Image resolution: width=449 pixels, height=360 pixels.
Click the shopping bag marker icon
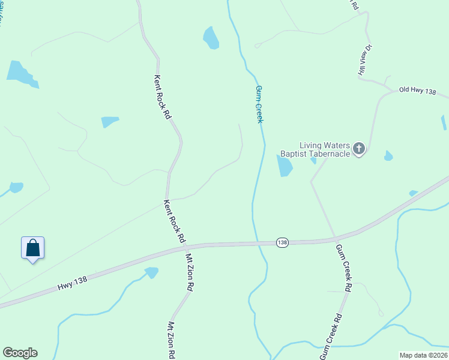pyautogui.click(x=33, y=248)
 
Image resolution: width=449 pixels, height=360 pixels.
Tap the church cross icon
pyautogui.click(x=359, y=148)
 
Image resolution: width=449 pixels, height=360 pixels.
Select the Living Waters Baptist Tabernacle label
pyautogui.click(x=325, y=149)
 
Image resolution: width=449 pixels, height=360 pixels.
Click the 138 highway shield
pyautogui.click(x=283, y=242)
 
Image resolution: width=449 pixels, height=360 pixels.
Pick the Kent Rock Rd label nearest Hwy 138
pyautogui.click(x=174, y=221)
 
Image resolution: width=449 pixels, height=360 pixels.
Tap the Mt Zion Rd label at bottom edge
pyautogui.click(x=171, y=340)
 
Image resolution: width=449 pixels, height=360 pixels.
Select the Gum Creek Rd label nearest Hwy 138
pyautogui.click(x=343, y=268)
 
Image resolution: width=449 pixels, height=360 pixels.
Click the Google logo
pyautogui.click(x=20, y=353)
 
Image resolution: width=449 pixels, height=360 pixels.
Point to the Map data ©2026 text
pyautogui.click(x=423, y=355)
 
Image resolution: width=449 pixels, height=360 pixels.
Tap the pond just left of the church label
pyautogui.click(x=284, y=166)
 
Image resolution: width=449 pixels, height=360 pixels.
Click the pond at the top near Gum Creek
pyautogui.click(x=211, y=38)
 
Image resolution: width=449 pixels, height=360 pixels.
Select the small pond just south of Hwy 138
pyautogui.click(x=152, y=272)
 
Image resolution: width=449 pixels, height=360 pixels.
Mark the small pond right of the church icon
pyautogui.click(x=388, y=156)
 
